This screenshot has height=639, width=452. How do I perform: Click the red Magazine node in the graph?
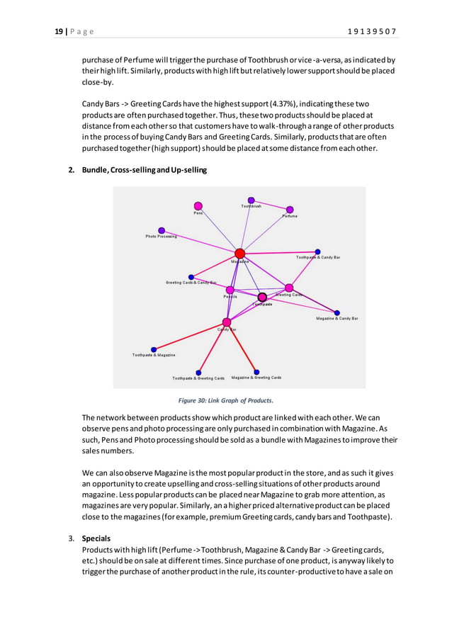point(239,254)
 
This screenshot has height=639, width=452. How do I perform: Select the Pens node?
point(198,206)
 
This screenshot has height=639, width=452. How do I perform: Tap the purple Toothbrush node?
point(251,200)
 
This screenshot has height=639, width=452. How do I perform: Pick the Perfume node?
point(289,210)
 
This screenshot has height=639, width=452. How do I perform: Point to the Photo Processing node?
point(162,230)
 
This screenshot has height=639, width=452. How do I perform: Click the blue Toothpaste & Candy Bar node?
point(317,251)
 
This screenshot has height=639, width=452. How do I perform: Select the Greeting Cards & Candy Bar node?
point(191,277)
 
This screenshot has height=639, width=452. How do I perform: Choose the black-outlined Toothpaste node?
point(262,297)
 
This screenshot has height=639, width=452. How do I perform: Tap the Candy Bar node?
point(227,322)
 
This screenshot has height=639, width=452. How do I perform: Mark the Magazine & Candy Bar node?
point(337,312)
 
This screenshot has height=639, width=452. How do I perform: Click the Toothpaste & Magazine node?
point(154,349)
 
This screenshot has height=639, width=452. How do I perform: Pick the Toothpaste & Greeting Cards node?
point(198,373)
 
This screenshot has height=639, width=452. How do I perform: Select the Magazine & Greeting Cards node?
point(256,372)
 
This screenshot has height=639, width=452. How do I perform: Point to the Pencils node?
point(230,290)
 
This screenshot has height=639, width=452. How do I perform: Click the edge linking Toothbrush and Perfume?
point(270,205)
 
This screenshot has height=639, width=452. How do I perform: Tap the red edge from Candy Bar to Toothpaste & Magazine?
point(190,336)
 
